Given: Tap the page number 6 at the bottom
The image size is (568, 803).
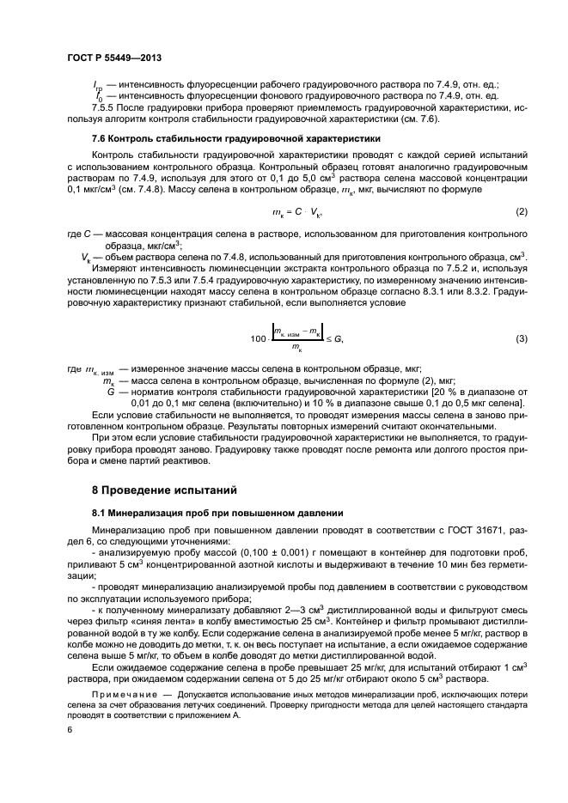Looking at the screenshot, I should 69,730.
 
